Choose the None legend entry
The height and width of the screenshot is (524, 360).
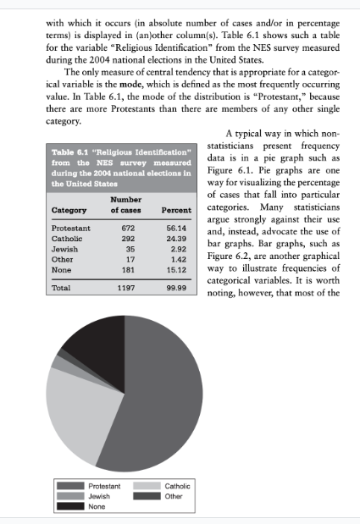(97, 506)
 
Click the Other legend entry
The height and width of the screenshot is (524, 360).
(173, 496)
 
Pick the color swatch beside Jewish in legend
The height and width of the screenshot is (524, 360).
(69, 496)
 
